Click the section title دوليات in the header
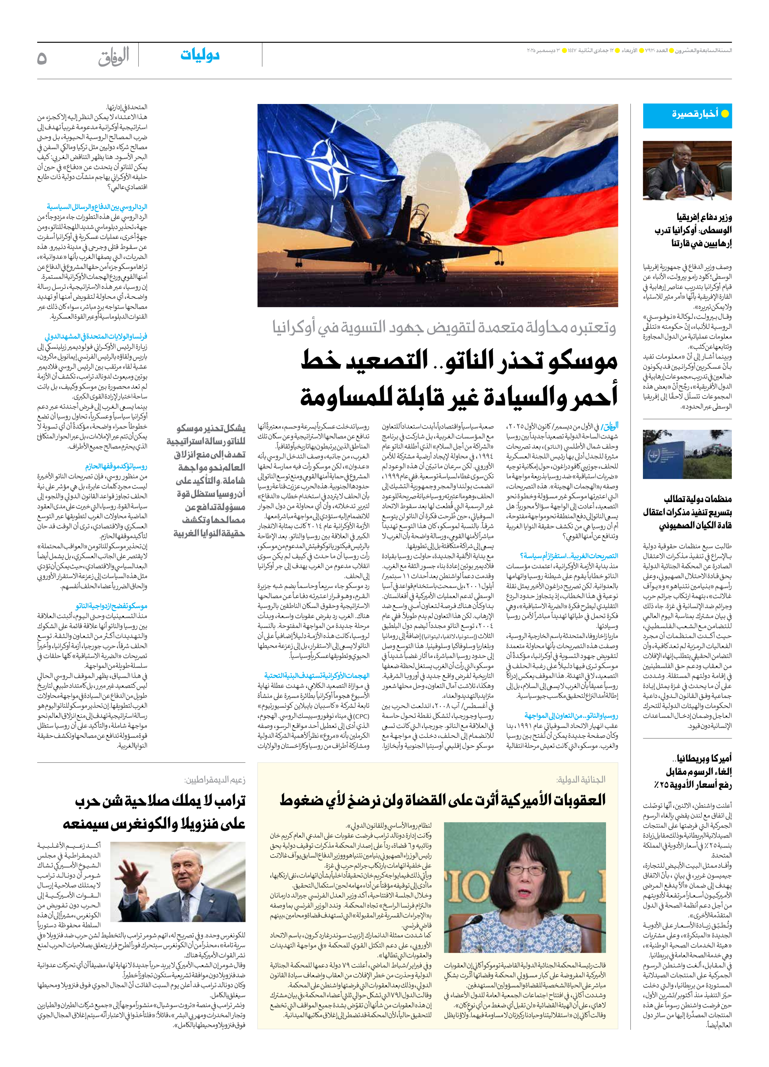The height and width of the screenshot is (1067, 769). pyautogui.click(x=200, y=55)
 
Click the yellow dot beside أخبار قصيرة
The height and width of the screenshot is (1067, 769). pyautogui.click(x=725, y=114)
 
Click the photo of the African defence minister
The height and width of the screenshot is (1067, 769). pyautogui.click(x=687, y=171)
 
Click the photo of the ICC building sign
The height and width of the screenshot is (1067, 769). pyautogui.click(x=687, y=454)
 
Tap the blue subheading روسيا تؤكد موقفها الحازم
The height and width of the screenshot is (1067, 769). pyautogui.click(x=116, y=467)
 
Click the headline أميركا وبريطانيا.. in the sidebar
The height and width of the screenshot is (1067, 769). pyautogui.click(x=701, y=758)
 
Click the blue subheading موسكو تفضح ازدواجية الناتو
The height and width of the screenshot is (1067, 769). pyautogui.click(x=111, y=606)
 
